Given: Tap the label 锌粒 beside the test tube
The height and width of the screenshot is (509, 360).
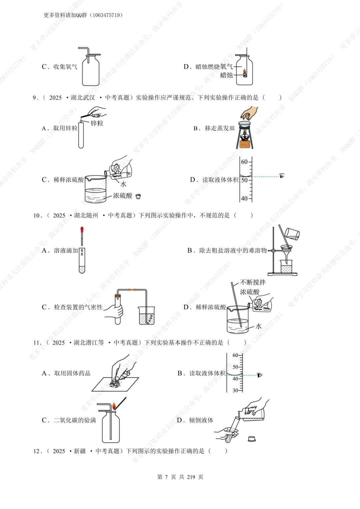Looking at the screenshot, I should [x=97, y=123].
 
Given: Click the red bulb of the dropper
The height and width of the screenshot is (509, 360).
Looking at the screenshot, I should [x=82, y=230].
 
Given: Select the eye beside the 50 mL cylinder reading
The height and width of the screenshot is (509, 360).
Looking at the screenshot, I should [x=282, y=176].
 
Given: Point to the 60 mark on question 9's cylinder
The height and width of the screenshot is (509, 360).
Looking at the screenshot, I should [x=244, y=162].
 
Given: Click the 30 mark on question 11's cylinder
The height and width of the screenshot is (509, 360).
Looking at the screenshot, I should [x=235, y=390].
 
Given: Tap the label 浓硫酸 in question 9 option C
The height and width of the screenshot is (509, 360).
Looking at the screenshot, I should [x=122, y=196].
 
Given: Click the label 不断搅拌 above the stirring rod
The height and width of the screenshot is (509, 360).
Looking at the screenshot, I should [x=253, y=282].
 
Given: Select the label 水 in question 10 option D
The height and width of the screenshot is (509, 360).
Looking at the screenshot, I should [x=259, y=326].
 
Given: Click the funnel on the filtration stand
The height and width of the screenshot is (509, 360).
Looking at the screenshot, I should [x=286, y=249].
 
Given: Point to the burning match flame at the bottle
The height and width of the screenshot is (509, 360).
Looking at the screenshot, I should [x=114, y=406].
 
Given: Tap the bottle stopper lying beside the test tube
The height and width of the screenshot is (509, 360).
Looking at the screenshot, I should [x=252, y=439].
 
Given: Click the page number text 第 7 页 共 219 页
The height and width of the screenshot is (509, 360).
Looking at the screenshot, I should [x=180, y=477].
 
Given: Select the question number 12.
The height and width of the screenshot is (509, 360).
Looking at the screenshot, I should [x=37, y=451].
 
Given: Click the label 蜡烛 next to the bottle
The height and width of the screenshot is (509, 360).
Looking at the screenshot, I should [x=227, y=75].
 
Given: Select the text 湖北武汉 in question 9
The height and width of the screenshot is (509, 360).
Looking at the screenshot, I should [x=83, y=98].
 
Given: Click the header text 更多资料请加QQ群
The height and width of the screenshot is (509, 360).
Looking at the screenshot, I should [x=65, y=15].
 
